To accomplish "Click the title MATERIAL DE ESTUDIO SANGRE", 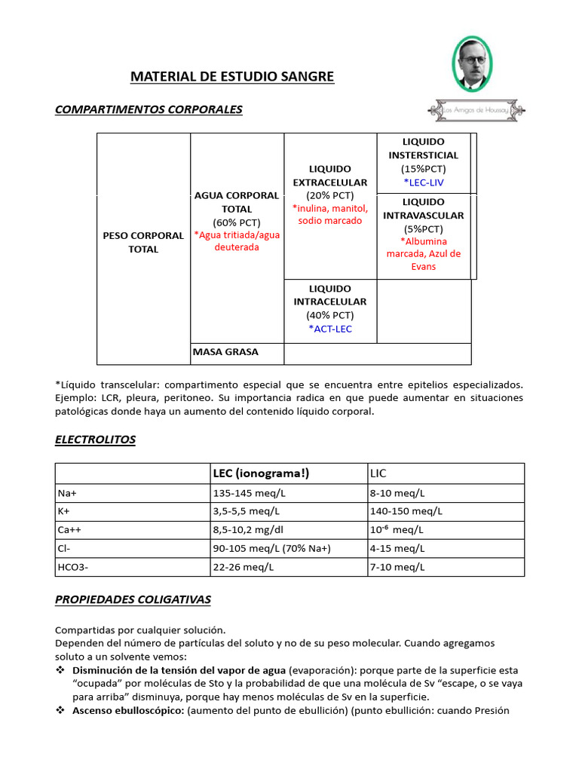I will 232,77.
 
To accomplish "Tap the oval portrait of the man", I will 471,64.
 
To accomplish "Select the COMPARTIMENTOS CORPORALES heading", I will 149,110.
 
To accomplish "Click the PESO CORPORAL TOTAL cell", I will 143,242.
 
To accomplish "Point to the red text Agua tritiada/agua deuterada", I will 237,241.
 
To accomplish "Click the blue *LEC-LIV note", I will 423,182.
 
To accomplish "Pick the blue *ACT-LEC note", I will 329,329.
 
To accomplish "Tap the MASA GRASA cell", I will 225,352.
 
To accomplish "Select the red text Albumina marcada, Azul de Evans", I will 423,254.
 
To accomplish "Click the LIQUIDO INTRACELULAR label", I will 329,296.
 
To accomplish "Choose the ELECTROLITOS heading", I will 95,440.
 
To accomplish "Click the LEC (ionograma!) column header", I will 261,473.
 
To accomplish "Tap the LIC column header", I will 378,473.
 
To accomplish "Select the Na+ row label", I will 67,493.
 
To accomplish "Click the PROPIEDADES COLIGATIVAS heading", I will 133,600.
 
